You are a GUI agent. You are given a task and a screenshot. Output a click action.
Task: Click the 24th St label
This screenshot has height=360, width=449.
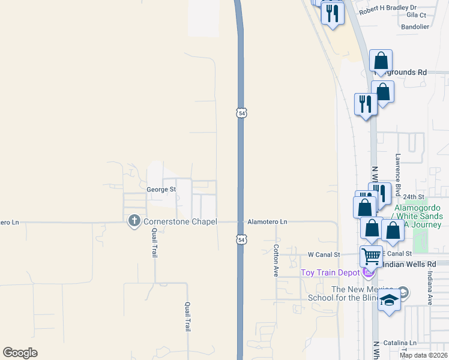[414, 196]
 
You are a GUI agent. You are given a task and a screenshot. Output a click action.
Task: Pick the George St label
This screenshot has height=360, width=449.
[161, 189]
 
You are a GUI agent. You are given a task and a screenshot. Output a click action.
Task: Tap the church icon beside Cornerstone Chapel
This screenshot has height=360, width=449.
[134, 222]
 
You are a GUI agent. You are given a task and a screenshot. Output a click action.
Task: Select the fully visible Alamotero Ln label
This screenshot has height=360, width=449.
[267, 222]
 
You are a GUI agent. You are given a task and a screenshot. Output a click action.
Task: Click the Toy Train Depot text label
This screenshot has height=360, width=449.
[330, 274]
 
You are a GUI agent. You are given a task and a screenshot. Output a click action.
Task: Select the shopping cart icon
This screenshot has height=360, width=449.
[371, 256]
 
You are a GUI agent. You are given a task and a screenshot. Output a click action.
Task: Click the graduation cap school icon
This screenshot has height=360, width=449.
[389, 301]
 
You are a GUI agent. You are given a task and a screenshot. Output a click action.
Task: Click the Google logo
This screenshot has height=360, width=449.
[20, 353]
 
